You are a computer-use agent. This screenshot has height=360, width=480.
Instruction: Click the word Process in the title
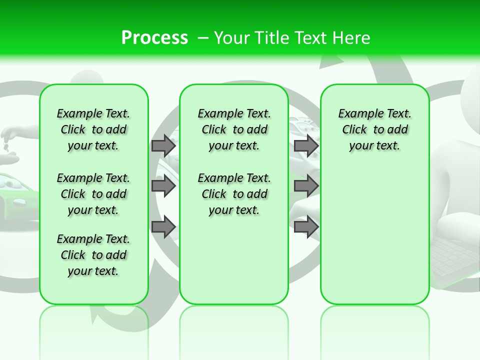click(x=154, y=37)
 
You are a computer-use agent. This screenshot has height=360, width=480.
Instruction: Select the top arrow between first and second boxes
click(x=163, y=145)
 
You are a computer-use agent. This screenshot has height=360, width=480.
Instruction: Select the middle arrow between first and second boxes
click(x=163, y=186)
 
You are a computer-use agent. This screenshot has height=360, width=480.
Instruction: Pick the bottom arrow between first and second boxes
click(x=163, y=227)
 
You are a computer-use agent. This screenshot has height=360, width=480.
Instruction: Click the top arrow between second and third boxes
click(x=306, y=145)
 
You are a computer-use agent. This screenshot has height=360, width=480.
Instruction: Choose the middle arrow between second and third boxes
click(x=306, y=186)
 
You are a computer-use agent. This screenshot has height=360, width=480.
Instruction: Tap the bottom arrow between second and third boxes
click(x=306, y=227)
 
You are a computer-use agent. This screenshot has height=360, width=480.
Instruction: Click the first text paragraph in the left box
click(x=93, y=129)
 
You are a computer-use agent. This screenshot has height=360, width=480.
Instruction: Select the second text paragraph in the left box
click(x=93, y=194)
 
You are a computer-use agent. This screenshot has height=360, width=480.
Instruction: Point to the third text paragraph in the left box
click(x=93, y=255)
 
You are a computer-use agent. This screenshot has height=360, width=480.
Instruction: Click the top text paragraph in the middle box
click(x=234, y=129)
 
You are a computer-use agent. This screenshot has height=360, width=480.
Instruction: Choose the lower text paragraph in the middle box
click(x=234, y=194)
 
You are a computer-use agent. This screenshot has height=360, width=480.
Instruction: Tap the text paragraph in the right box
click(x=374, y=129)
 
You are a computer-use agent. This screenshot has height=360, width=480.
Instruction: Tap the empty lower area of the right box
click(x=374, y=240)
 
